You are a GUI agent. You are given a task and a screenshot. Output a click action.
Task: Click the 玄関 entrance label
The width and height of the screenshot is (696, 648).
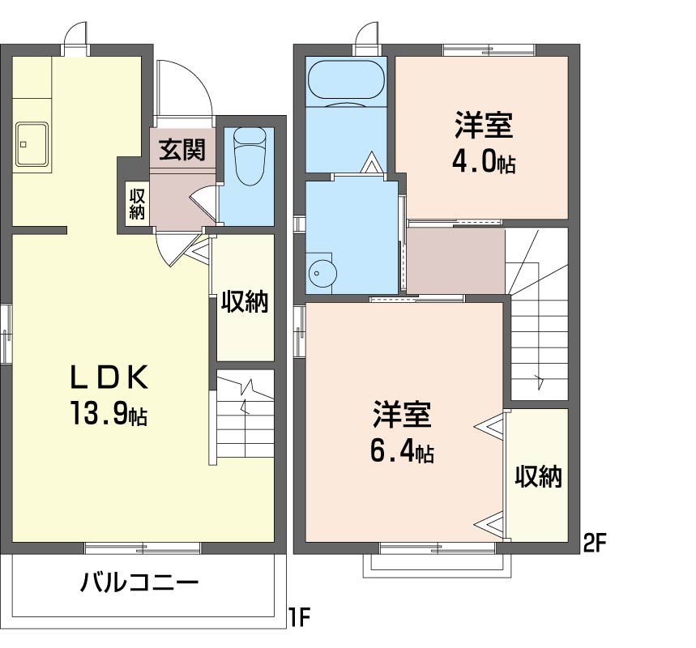tap(181, 150)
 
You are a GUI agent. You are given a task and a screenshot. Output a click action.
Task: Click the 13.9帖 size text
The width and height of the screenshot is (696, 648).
tap(107, 414)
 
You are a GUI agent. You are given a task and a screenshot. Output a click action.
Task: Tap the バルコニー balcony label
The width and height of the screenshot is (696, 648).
tap(139, 582)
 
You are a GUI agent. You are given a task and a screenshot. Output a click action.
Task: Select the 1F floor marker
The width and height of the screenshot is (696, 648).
tap(300, 620)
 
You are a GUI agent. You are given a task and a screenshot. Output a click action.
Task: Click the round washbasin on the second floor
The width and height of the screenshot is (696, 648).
tap(322, 274)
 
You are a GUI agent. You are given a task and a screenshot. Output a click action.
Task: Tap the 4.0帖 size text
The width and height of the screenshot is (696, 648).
tap(483, 163)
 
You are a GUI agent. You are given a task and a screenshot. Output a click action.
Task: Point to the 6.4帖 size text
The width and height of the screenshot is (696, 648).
tap(401, 450)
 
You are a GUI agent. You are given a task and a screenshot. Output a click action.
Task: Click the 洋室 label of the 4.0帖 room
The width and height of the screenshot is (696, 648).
tap(483, 127)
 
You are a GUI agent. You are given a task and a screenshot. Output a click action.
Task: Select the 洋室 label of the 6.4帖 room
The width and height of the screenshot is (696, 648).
tap(402, 414)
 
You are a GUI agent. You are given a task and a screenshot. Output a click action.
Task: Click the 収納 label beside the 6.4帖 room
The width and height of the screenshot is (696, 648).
tap(538, 477)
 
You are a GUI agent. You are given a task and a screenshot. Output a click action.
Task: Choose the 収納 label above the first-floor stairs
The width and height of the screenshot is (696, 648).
tap(246, 302)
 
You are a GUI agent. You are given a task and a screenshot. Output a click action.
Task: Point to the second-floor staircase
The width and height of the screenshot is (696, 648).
tap(537, 316)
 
